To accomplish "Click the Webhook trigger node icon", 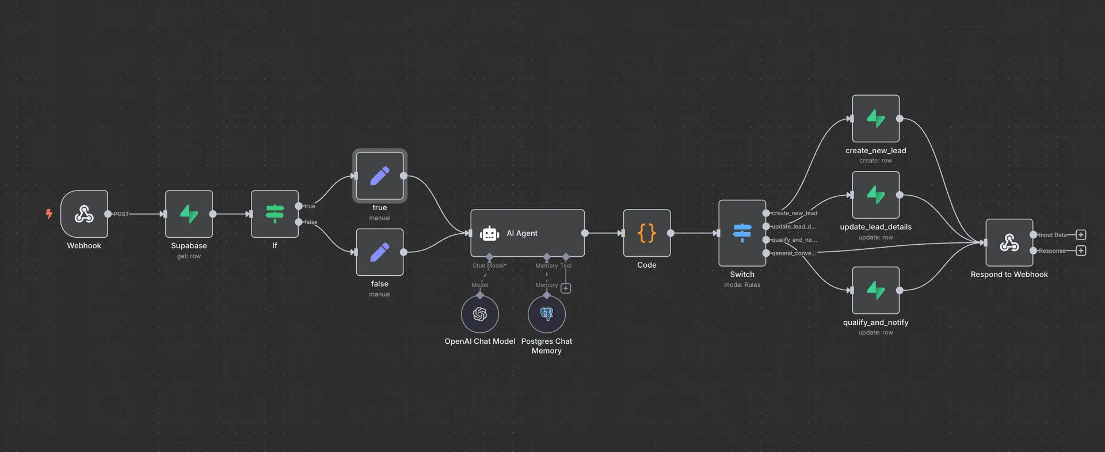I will [84, 214].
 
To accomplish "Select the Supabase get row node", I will [189, 214].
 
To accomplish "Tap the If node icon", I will [275, 214].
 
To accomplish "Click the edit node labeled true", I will [380, 176].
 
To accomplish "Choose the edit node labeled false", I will [380, 252].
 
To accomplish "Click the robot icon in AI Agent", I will [489, 233].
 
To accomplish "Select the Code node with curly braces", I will [647, 233].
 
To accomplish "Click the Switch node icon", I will [742, 233].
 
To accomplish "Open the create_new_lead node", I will [875, 119].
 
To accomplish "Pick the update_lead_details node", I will [875, 195].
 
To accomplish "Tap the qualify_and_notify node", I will [875, 290].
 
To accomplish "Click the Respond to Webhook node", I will [1009, 242].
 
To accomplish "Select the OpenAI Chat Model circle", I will [480, 314].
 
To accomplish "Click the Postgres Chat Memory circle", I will [547, 314].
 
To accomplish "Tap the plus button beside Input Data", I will [1081, 235].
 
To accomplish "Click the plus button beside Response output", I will [1081, 250].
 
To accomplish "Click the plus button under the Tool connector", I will [566, 288].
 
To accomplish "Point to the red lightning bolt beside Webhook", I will [49, 214].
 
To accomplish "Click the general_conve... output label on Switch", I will [794, 253].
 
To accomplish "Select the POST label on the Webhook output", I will [121, 214].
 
